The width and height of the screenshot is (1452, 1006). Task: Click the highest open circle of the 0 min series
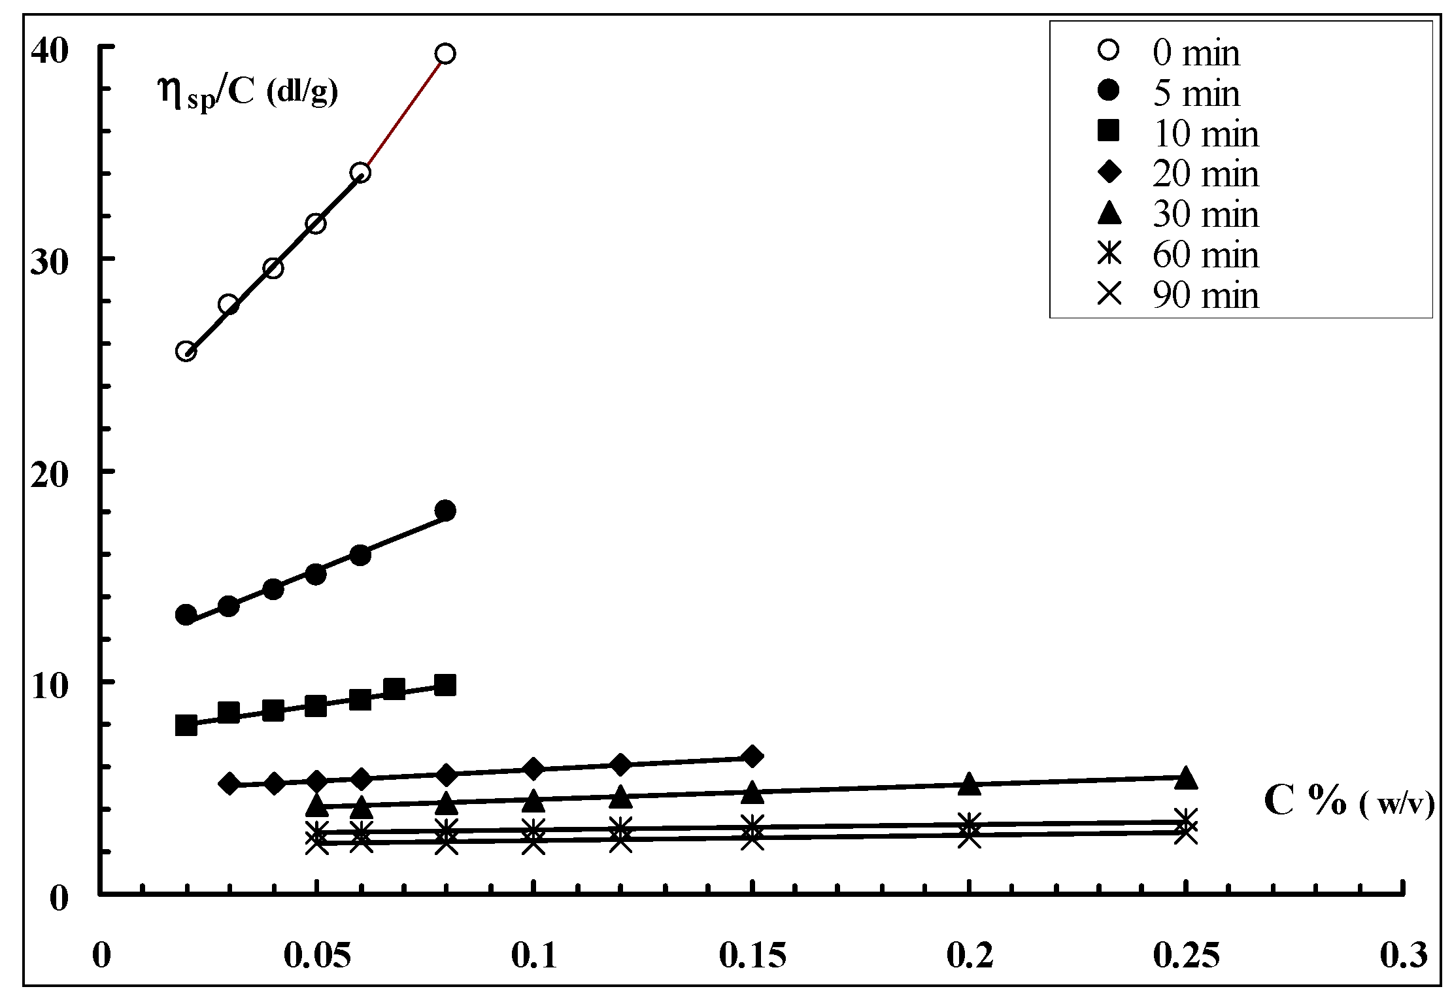pos(445,54)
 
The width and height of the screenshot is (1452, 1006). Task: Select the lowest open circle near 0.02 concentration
pos(186,352)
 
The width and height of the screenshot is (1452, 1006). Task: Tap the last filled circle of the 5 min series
pos(445,511)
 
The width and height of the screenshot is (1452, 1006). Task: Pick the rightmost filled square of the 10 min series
pos(445,686)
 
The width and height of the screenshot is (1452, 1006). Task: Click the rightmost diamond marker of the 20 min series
pos(752,756)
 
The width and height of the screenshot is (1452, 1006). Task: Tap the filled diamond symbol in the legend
pos(1109,173)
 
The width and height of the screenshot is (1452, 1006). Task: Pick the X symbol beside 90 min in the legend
pos(1109,294)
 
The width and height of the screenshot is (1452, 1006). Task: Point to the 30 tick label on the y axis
pos(51,262)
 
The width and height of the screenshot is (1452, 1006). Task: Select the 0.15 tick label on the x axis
pos(752,956)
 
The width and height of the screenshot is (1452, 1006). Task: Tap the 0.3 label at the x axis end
pos(1404,956)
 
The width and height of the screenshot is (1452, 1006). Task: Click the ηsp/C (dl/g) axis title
pos(248,92)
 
